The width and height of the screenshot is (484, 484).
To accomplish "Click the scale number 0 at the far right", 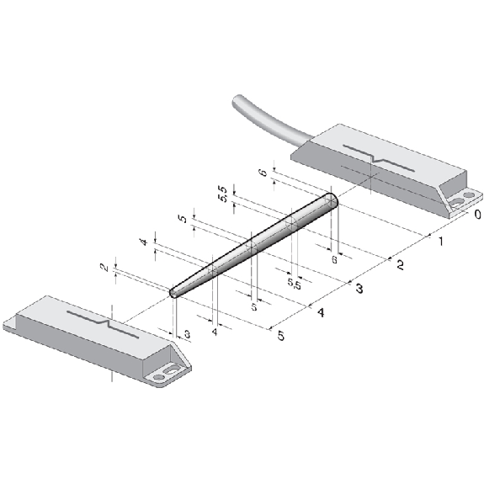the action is click(477, 214).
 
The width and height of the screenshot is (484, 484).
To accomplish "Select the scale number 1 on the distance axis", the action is click(441, 241).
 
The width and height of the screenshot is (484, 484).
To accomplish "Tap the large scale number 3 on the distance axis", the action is click(359, 289).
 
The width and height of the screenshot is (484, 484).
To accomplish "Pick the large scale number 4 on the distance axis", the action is click(321, 312).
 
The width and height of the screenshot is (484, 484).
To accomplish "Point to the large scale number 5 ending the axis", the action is click(280, 336).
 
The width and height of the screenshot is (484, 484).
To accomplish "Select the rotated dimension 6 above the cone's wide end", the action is click(264, 173).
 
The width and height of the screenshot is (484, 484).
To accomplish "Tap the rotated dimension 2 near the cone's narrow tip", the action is click(105, 268).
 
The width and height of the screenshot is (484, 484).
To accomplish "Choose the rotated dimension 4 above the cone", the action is click(145, 242).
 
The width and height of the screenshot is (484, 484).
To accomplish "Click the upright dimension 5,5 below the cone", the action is click(294, 283).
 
